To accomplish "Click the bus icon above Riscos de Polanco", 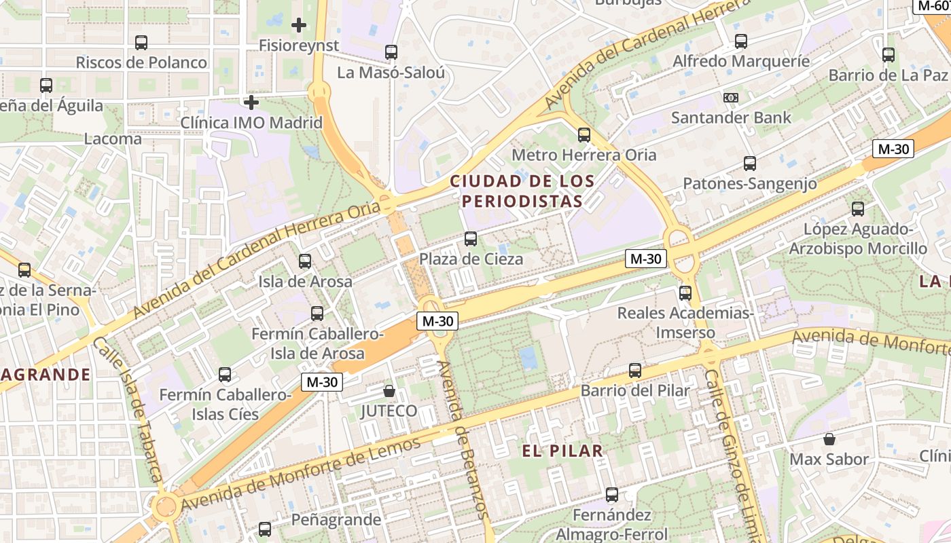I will [141, 43].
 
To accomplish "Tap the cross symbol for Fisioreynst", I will [298, 26].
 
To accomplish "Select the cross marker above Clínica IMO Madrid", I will [251, 102].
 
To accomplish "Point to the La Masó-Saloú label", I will [391, 72].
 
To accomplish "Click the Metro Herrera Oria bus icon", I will [584, 134].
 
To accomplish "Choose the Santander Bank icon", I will [731, 98].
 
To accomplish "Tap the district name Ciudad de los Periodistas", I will [522, 191].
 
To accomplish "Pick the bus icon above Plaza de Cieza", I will [471, 239].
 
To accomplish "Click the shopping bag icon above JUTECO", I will [389, 391].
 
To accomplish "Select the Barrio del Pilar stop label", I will [634, 390].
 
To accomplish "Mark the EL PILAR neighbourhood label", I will [562, 451].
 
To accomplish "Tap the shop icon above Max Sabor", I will [829, 438].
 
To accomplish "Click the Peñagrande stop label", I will [336, 520].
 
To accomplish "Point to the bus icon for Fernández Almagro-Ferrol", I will [612, 495].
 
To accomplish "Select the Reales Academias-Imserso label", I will [685, 322].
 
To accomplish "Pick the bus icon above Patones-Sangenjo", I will [750, 164].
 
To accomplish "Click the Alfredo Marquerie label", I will [740, 61].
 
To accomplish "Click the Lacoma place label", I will [113, 139].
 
